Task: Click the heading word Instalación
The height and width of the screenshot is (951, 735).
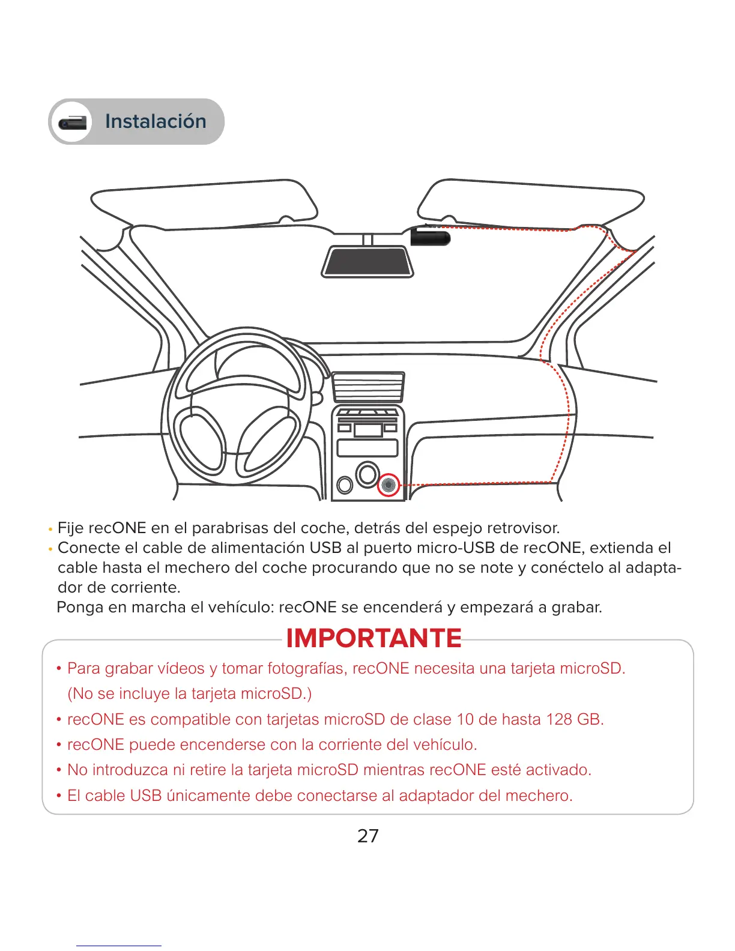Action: click(x=156, y=121)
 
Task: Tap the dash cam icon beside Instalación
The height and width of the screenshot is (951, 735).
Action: click(x=73, y=122)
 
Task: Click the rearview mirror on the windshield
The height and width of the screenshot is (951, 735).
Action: click(x=367, y=262)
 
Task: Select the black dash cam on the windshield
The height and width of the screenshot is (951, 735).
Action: click(x=430, y=237)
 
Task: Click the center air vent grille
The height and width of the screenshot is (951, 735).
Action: click(x=367, y=386)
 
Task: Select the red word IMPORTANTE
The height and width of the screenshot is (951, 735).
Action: click(x=374, y=638)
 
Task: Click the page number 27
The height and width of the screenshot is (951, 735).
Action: click(x=367, y=836)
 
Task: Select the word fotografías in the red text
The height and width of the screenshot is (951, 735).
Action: click(x=307, y=669)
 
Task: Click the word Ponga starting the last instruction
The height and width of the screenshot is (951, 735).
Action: click(x=80, y=608)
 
